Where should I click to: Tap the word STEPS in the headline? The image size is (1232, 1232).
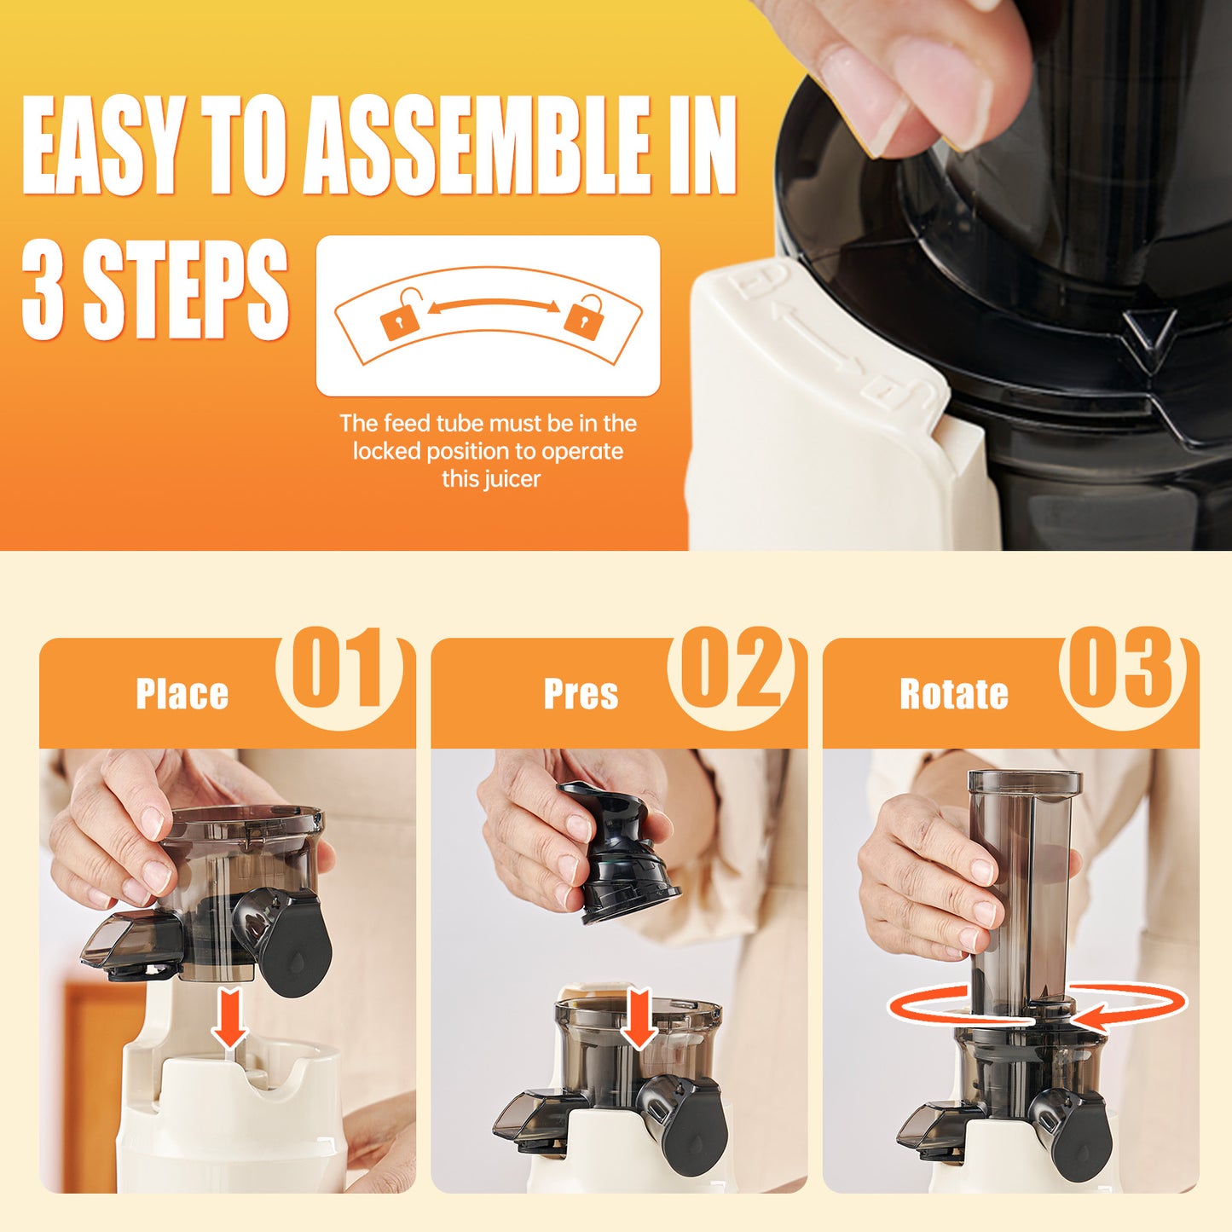(x=185, y=290)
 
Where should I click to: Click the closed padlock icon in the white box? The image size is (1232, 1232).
(x=583, y=316)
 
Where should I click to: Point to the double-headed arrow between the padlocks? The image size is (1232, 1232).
(x=493, y=305)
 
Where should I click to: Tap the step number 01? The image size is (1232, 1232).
(x=338, y=669)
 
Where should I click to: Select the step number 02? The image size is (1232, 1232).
(x=731, y=669)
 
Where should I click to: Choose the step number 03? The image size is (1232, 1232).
(x=1122, y=669)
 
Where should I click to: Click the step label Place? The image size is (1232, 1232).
(x=182, y=694)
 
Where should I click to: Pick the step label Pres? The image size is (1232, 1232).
(x=581, y=694)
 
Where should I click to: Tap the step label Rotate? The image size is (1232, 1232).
(x=954, y=694)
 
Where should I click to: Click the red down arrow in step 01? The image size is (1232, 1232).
(x=229, y=1018)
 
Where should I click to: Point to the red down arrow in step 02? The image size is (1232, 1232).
(x=638, y=1019)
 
